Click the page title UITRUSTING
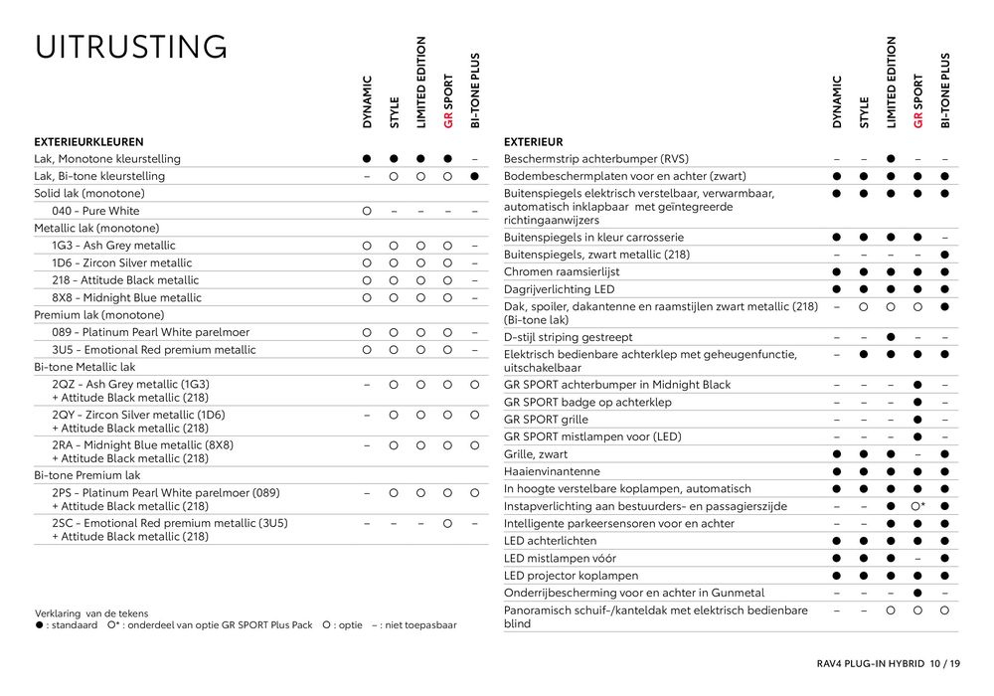130,47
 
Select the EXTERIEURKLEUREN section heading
88,142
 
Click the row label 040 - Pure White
95,211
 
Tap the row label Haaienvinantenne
552,471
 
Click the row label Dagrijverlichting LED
559,289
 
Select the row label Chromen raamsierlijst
562,271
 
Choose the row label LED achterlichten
551,541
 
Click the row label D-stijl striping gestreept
569,337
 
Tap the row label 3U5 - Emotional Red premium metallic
153,350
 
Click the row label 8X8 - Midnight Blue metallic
126,297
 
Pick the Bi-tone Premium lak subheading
87,475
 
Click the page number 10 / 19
944,663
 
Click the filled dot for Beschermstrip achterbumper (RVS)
891,159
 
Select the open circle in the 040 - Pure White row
367,211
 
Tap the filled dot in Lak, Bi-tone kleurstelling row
475,176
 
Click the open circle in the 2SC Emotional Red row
447,523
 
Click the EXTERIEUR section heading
533,142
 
